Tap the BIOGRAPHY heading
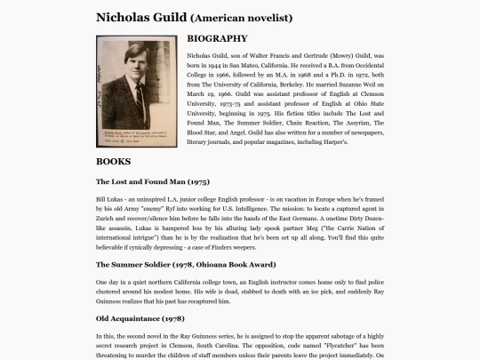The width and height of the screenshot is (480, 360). click(217, 39)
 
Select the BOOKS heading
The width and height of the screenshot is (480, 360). click(113, 161)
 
